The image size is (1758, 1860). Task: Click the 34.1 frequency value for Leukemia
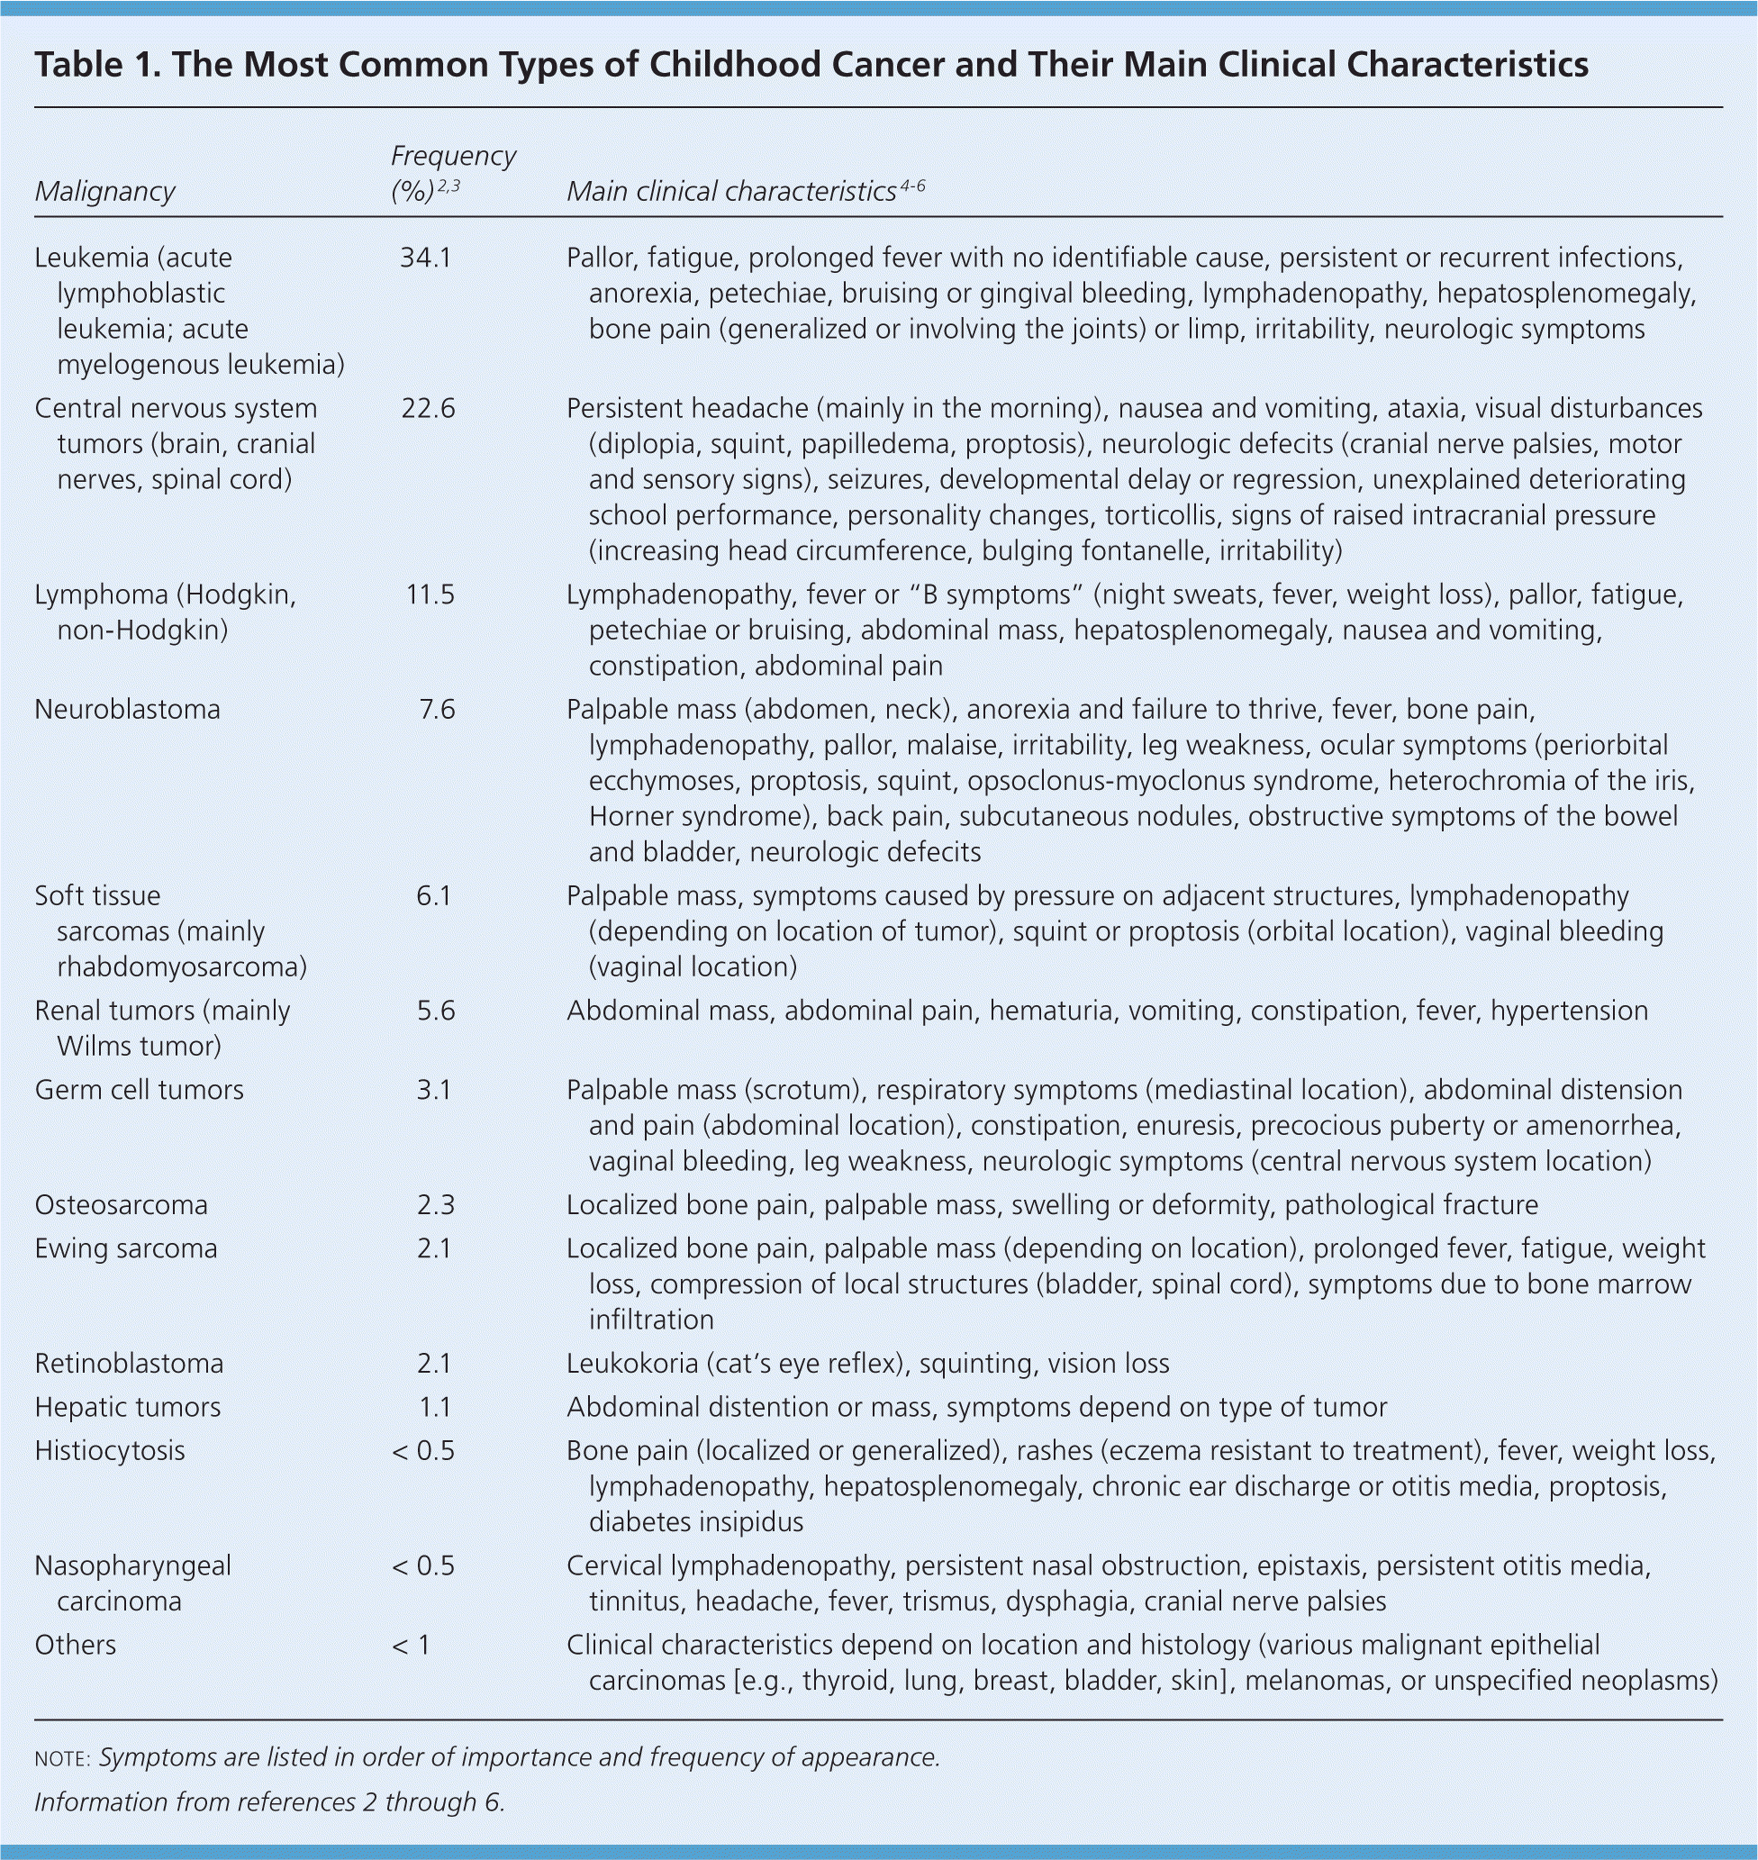pyautogui.click(x=425, y=258)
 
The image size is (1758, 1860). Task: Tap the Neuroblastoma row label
pyautogui.click(x=128, y=710)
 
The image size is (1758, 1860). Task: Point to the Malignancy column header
pyautogui.click(x=105, y=191)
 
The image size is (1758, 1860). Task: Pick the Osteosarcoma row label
pyautogui.click(x=121, y=1205)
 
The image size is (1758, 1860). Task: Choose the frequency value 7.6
pyautogui.click(x=436, y=710)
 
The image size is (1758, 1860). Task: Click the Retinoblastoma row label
pyautogui.click(x=130, y=1364)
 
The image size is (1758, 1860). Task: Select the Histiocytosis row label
pyautogui.click(x=110, y=1451)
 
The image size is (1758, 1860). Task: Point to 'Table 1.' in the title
pyautogui.click(x=95, y=65)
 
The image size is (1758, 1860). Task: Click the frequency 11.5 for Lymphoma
pyautogui.click(x=430, y=595)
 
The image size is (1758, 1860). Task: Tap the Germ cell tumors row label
pyautogui.click(x=139, y=1091)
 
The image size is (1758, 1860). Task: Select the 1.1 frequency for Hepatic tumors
pyautogui.click(x=435, y=1408)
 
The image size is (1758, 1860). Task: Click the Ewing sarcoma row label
pyautogui.click(x=125, y=1249)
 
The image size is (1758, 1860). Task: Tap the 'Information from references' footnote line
pyautogui.click(x=270, y=1802)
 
